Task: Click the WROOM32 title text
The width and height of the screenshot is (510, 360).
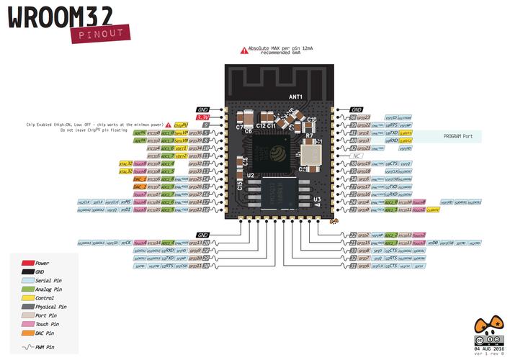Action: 65,17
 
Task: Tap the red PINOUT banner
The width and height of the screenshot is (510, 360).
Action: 101,33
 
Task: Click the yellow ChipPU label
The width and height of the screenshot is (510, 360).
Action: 181,125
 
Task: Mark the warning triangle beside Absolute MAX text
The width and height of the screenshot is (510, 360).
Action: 243,51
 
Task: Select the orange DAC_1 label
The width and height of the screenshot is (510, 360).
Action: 140,179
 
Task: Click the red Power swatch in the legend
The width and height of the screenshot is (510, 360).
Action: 29,264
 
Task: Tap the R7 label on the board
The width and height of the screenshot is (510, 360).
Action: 308,135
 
